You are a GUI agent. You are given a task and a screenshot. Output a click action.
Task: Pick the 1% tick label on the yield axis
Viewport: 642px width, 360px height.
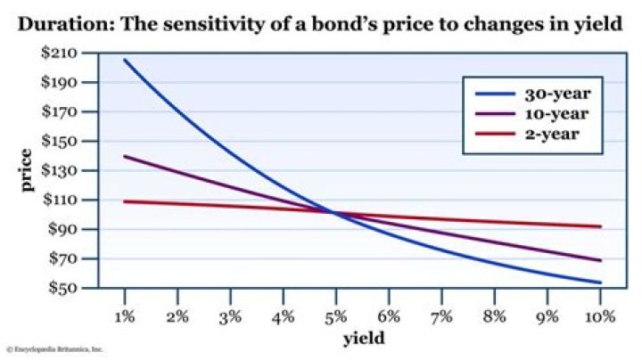point(125,315)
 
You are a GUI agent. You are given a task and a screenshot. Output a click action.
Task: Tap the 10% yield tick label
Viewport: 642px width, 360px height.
point(598,315)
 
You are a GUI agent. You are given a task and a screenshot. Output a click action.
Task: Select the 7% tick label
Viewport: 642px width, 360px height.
point(441,315)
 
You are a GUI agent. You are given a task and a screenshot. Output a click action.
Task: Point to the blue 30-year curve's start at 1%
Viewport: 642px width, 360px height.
point(124,60)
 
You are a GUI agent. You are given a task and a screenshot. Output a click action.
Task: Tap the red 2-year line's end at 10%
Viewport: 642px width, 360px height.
point(600,226)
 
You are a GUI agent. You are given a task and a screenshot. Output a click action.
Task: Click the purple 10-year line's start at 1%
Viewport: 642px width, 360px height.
point(124,156)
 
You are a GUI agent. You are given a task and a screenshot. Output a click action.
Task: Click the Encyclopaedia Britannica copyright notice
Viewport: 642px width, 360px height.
point(54,350)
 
